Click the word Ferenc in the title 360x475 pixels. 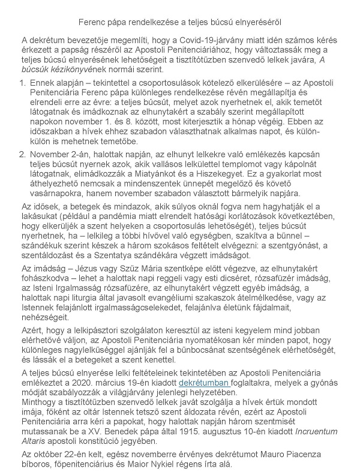[x=93, y=22]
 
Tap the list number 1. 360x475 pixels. [x=23, y=81]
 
